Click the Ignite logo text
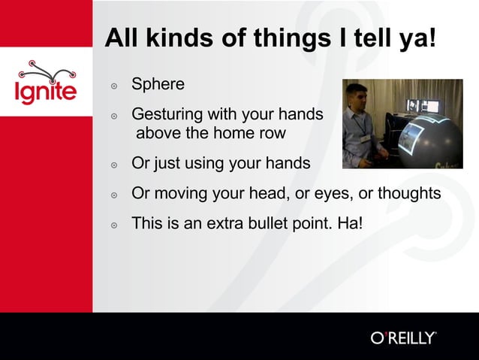point(46,92)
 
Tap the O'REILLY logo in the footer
point(403,337)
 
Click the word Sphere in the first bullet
point(158,84)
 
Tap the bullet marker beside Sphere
point(114,86)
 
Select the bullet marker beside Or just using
point(114,165)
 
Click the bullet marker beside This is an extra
point(114,225)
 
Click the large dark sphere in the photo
point(431,142)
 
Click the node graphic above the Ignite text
point(46,70)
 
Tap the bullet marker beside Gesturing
point(114,117)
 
